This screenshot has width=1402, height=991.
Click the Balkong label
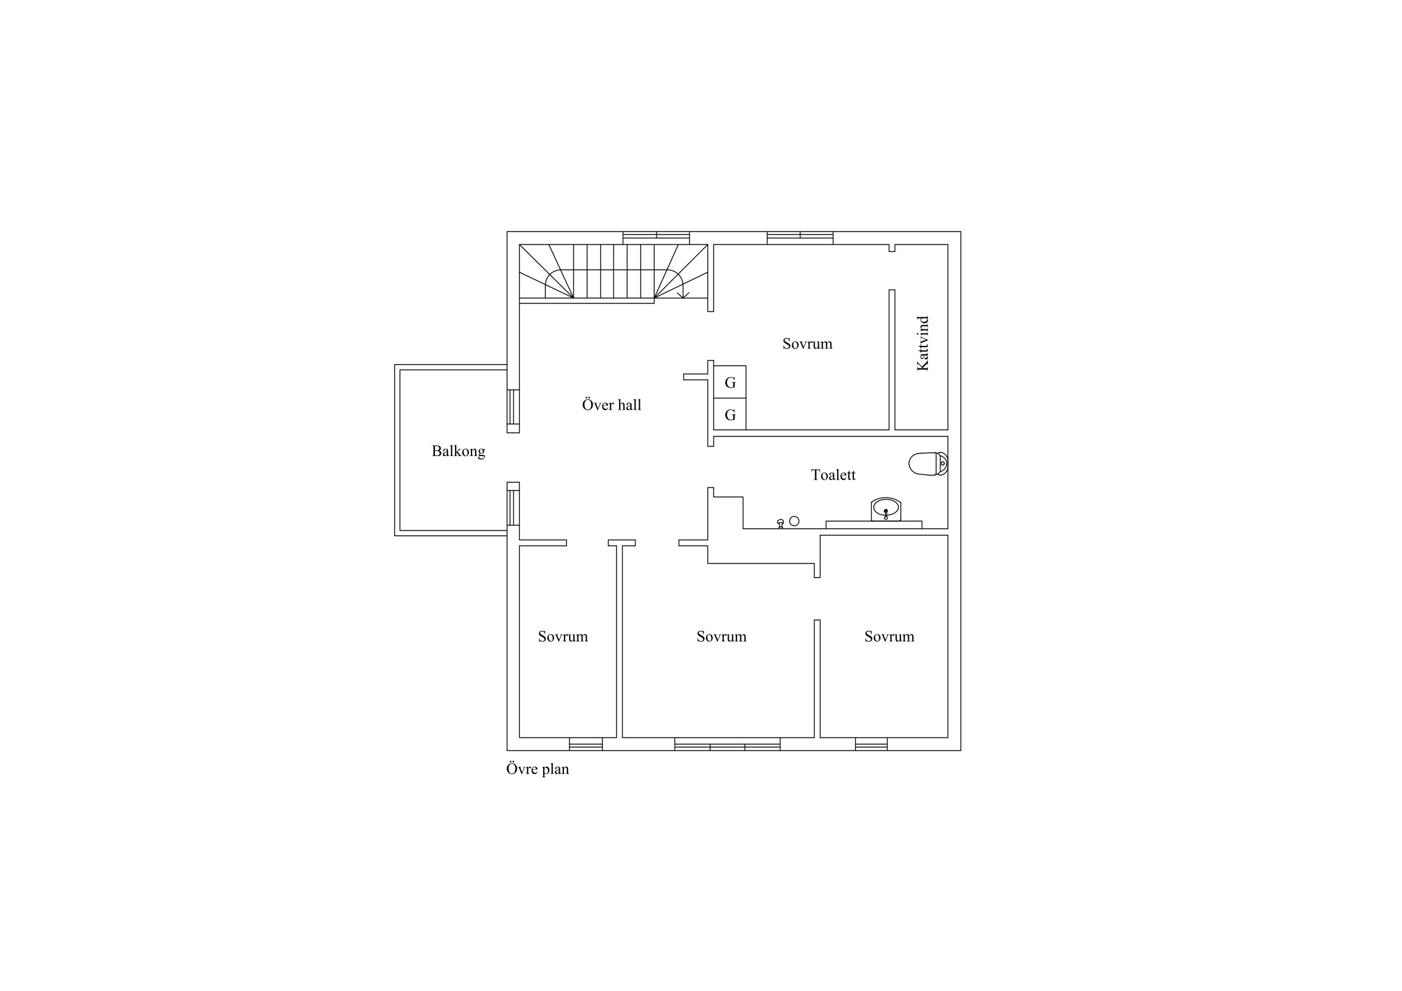coord(458,452)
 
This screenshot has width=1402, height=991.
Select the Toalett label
coord(833,475)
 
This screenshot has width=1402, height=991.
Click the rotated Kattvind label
coord(923,343)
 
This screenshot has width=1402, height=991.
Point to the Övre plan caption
coord(537,769)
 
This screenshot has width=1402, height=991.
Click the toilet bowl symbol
coord(928,464)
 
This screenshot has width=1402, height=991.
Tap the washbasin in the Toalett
coord(886,509)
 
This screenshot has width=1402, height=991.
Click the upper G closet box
coord(730,383)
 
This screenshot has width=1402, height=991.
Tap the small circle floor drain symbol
coord(794,521)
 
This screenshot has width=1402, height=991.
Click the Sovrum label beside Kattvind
coord(808,344)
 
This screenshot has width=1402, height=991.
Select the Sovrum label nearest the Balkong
coord(562,637)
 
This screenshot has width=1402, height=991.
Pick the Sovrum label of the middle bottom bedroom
coord(721,637)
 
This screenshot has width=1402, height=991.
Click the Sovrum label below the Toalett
coord(889,637)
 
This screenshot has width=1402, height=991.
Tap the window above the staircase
coord(656,238)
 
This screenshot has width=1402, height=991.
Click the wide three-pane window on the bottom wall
coord(727,744)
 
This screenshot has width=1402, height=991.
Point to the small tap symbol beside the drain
coord(780,523)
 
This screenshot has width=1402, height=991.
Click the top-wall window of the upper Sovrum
coord(800,238)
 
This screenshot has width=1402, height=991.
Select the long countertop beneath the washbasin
coord(874,525)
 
